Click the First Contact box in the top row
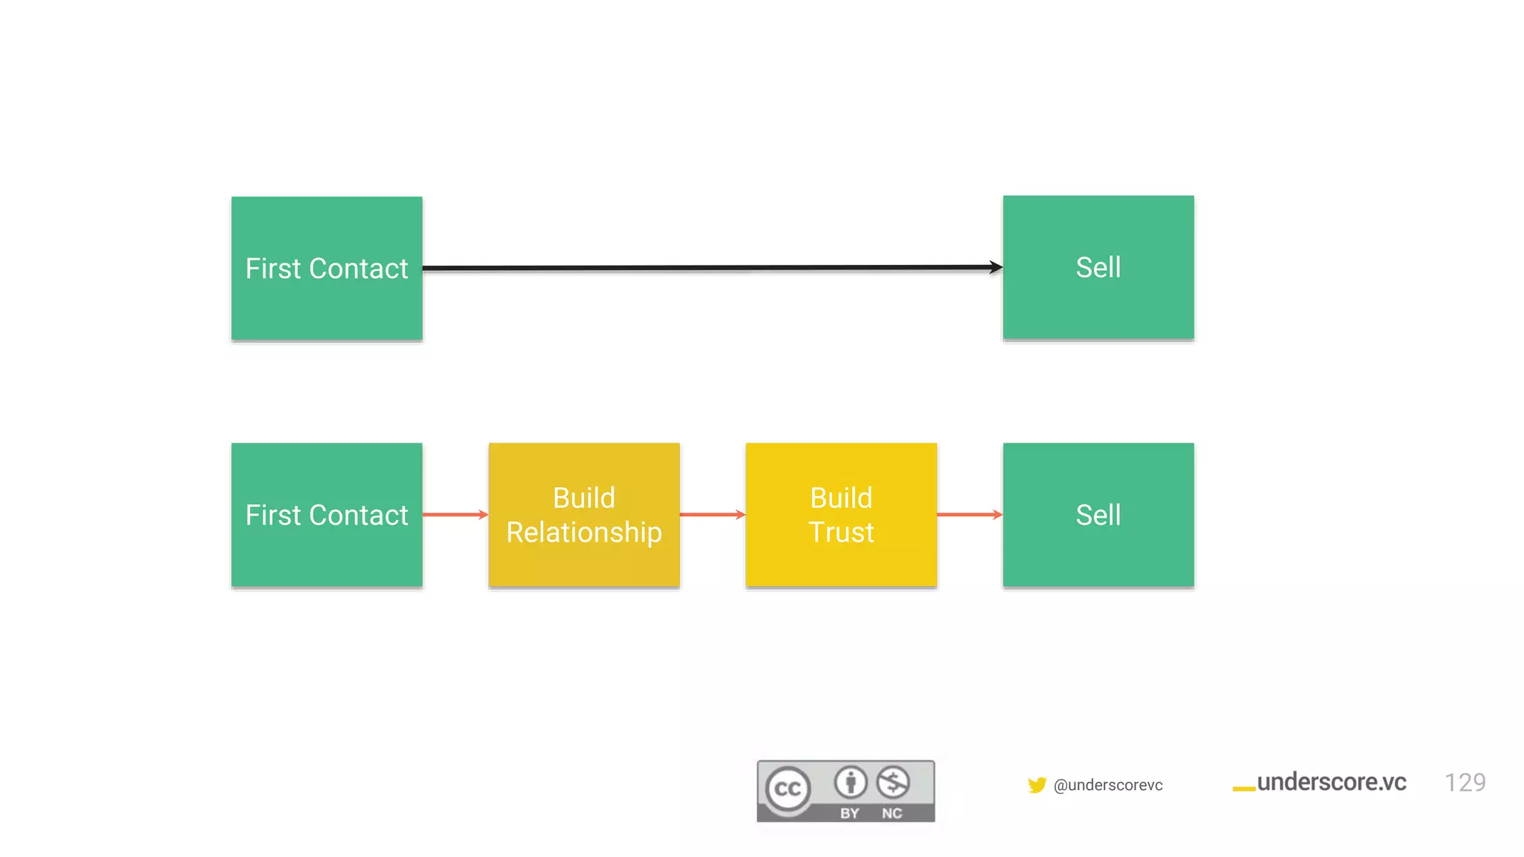click(x=327, y=268)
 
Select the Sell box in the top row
click(x=1098, y=267)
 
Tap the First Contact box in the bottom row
click(x=327, y=515)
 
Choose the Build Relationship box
click(x=584, y=515)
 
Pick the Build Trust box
click(x=841, y=515)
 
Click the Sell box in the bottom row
click(x=1098, y=515)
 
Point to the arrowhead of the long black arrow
click(x=996, y=267)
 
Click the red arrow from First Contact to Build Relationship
click(x=455, y=514)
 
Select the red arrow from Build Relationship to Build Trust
click(x=712, y=514)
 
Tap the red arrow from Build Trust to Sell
click(x=969, y=514)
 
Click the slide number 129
click(x=1464, y=783)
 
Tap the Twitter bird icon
click(x=1037, y=785)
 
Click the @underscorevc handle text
click(x=1108, y=786)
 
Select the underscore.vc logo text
click(x=1331, y=782)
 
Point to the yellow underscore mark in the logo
click(x=1243, y=789)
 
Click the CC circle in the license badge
click(x=788, y=789)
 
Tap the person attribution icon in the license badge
click(x=851, y=782)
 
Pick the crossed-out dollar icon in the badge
click(x=893, y=782)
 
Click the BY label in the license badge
click(x=850, y=813)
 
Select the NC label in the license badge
click(x=892, y=813)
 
